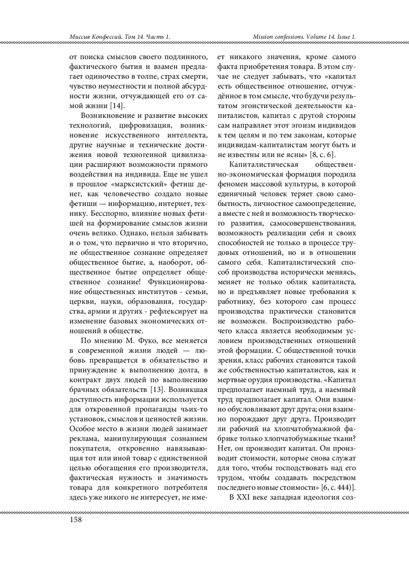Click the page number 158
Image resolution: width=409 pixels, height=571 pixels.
(75, 520)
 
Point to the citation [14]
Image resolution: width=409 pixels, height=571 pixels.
(117, 105)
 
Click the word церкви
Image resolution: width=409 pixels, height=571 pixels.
(79, 302)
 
